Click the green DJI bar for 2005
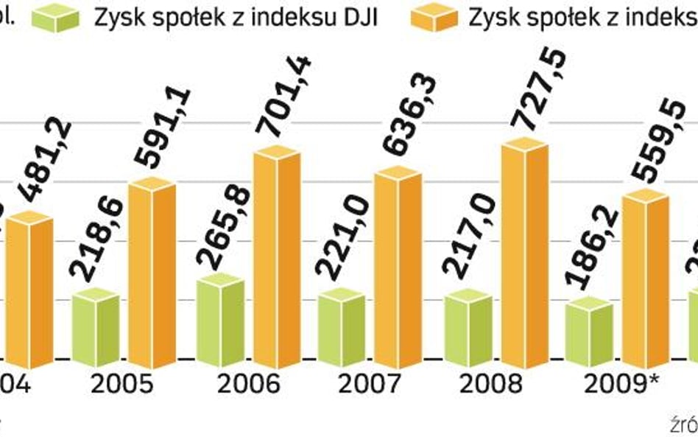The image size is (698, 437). [96, 328]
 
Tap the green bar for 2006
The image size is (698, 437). [221, 321]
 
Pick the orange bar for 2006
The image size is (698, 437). [277, 258]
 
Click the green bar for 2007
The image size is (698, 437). [341, 328]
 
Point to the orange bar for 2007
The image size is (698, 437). [398, 269]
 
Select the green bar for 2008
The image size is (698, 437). [469, 328]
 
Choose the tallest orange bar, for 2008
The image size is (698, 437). [525, 254]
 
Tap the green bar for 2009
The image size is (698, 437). [590, 332]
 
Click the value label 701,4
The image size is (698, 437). [283, 96]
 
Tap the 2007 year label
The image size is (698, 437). [369, 384]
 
